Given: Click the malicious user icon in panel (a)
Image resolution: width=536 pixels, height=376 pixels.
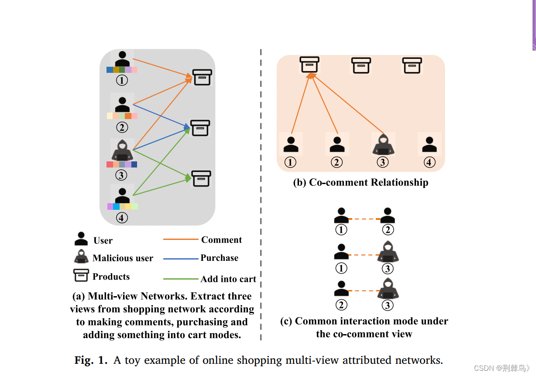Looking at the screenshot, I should coord(122,150).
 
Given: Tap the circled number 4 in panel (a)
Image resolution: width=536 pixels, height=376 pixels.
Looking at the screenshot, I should coord(122,217).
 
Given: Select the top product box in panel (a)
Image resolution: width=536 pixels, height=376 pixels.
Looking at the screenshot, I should coord(203,77).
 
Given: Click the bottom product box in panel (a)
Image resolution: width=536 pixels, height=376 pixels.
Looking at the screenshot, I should coord(201,178).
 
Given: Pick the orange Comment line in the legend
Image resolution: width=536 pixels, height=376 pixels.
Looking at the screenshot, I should coord(180,239).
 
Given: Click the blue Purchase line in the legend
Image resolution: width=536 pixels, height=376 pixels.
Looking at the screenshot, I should coord(180,259).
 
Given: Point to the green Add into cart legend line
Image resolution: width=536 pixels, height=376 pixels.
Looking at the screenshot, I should coord(180,279).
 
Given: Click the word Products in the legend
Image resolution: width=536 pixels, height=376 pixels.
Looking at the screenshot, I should coord(111,277).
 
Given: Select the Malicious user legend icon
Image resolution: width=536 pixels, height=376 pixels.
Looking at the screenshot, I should coord(81,257).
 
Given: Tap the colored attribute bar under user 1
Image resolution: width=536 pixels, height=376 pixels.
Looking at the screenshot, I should coord(122,70).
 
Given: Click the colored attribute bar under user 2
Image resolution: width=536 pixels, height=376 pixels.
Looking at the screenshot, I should coord(122,116).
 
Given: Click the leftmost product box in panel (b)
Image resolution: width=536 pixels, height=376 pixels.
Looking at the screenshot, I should coord(309,65).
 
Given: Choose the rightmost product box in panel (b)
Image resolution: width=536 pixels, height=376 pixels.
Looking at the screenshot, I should coord(412,65).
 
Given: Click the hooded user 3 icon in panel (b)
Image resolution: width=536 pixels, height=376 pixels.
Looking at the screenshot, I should coord(383,144).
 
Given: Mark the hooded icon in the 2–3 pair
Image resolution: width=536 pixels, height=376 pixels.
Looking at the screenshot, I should coord(388,288).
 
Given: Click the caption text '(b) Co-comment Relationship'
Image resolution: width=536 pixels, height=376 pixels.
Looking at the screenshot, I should coord(361,182).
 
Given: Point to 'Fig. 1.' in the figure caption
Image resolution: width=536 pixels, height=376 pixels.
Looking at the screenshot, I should coord(91,360).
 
